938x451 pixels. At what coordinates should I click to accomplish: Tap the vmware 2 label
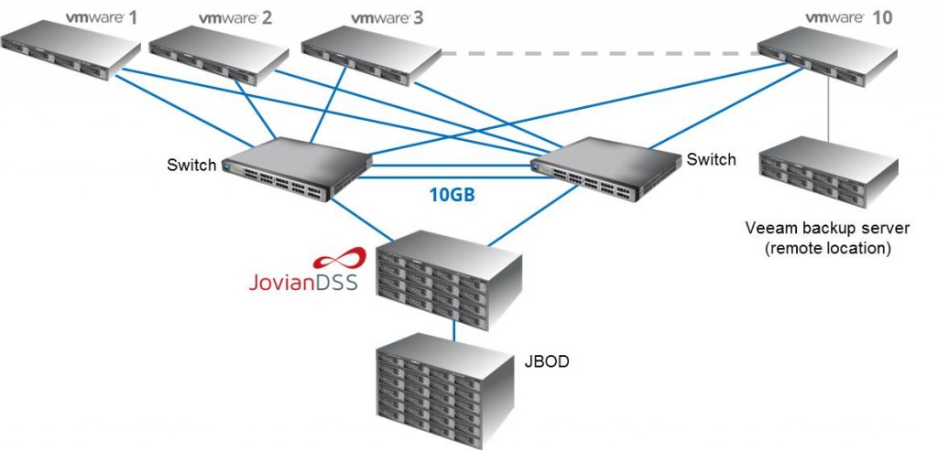coord(234,17)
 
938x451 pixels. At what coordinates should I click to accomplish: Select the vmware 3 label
coord(386,17)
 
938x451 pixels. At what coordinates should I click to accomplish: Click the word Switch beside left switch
coord(191,166)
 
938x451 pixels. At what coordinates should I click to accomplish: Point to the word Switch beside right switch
coord(711,160)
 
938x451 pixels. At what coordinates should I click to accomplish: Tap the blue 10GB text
coord(452,195)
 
